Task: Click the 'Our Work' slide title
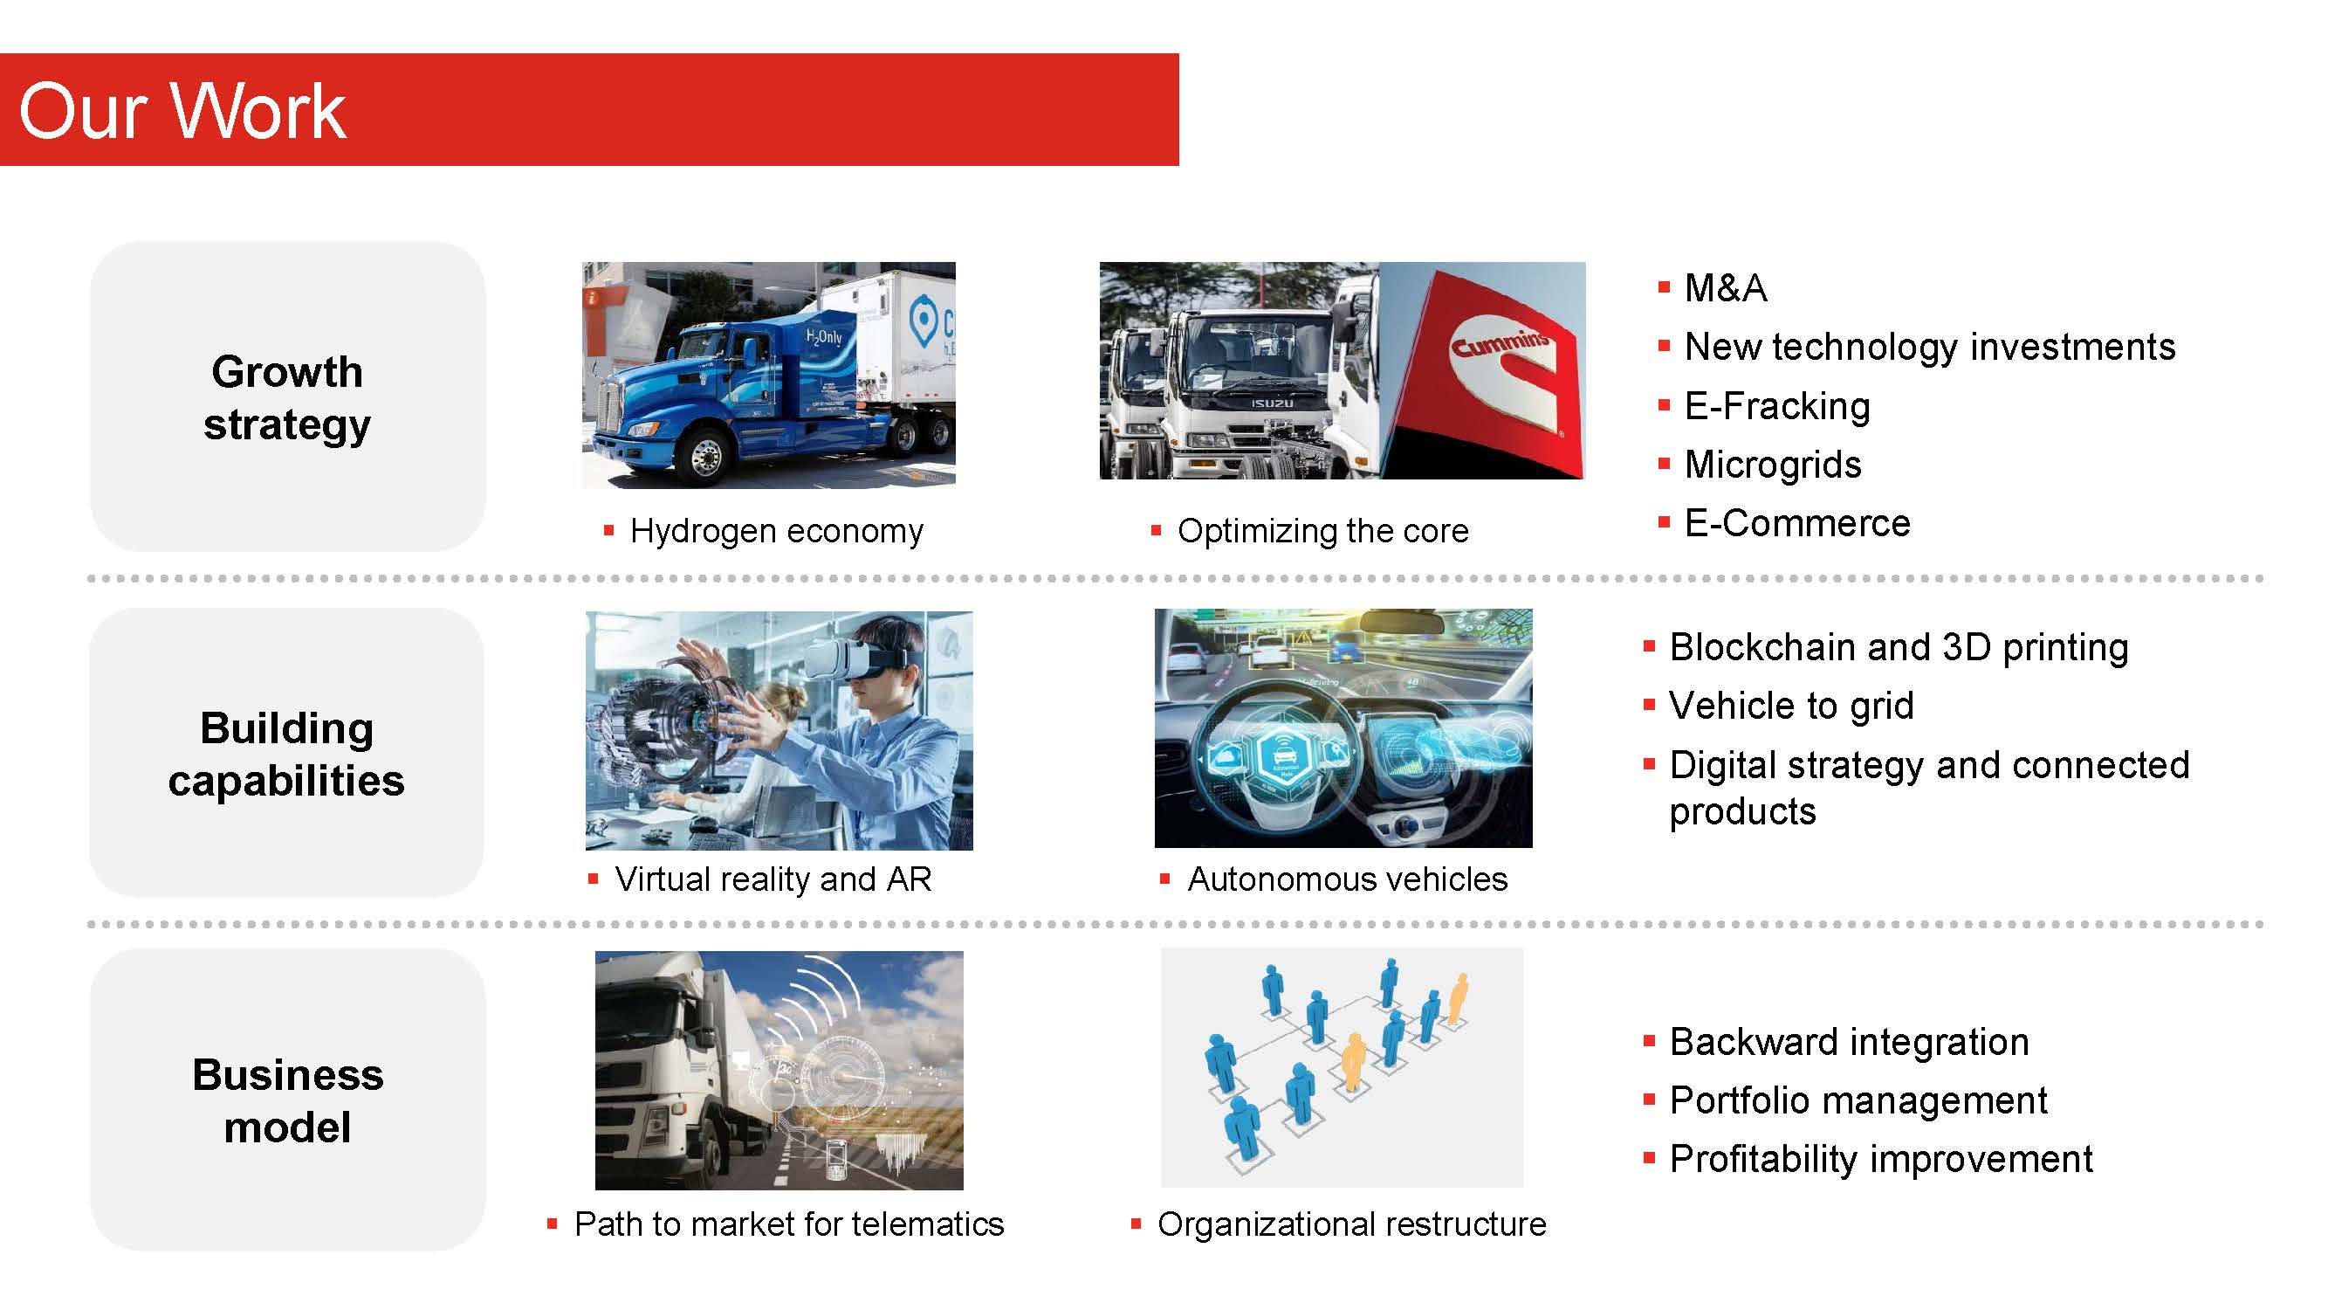tap(182, 110)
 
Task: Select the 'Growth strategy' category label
tap(287, 397)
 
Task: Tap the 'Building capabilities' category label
tap(286, 754)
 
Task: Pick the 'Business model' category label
tap(287, 1100)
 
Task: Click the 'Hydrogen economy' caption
tap(776, 531)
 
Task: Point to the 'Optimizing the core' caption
tap(1323, 531)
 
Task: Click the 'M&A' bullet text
tap(1725, 288)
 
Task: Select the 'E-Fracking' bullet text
tap(1776, 406)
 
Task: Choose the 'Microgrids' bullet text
tap(1772, 465)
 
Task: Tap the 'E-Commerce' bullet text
tap(1796, 523)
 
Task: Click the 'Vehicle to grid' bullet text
tap(1791, 706)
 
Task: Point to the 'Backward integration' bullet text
tap(1849, 1042)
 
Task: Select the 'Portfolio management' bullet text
tap(1858, 1100)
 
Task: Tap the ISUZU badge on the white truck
tap(1273, 403)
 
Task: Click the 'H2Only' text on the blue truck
tap(823, 336)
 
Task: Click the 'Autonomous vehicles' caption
tap(1347, 879)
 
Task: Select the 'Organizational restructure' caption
tap(1351, 1224)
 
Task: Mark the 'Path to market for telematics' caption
tap(789, 1224)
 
